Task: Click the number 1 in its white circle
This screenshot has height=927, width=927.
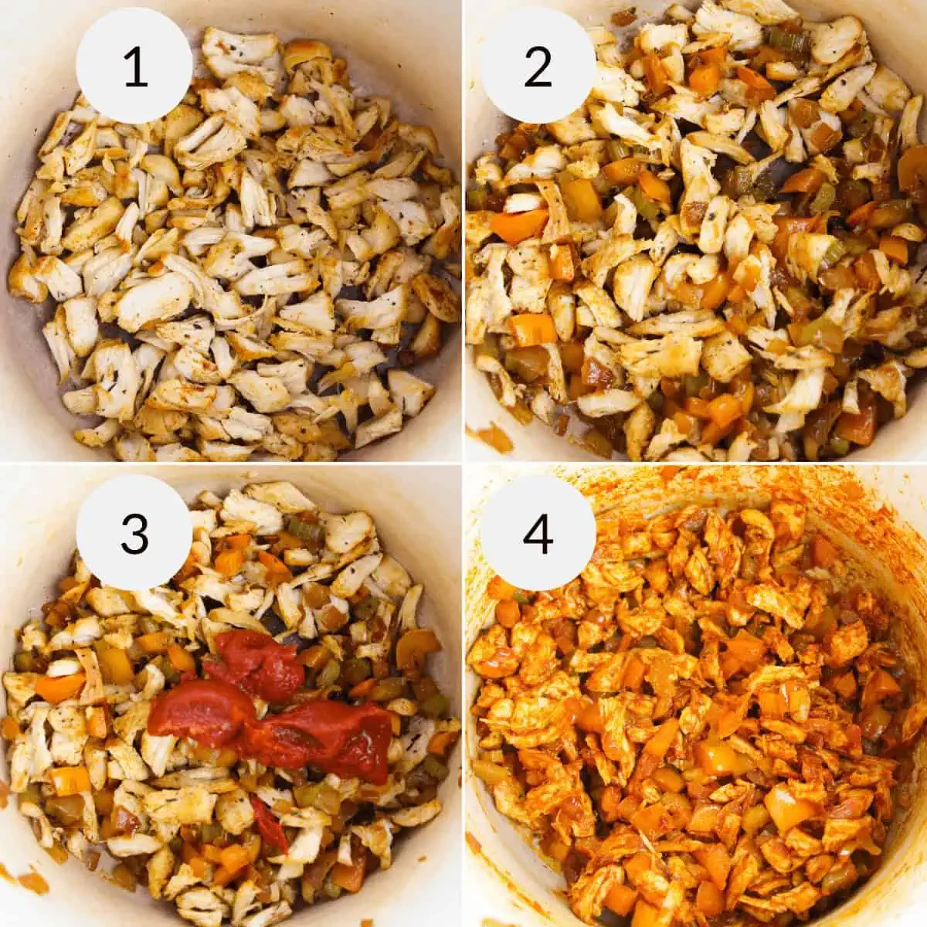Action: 135,66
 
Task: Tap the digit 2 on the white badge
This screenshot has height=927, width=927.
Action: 538,66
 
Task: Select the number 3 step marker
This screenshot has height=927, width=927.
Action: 135,533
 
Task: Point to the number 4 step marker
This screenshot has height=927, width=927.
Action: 538,533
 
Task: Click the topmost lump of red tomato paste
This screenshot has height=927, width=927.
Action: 255,664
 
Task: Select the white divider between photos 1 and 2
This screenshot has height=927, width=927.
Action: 463,232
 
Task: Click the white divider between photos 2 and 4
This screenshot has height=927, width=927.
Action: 695,463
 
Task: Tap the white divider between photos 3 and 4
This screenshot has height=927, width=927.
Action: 463,695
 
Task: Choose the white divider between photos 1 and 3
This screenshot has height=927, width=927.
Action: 232,463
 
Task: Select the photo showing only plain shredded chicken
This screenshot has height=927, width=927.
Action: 232,270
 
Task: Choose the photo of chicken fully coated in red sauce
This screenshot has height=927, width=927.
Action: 695,695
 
